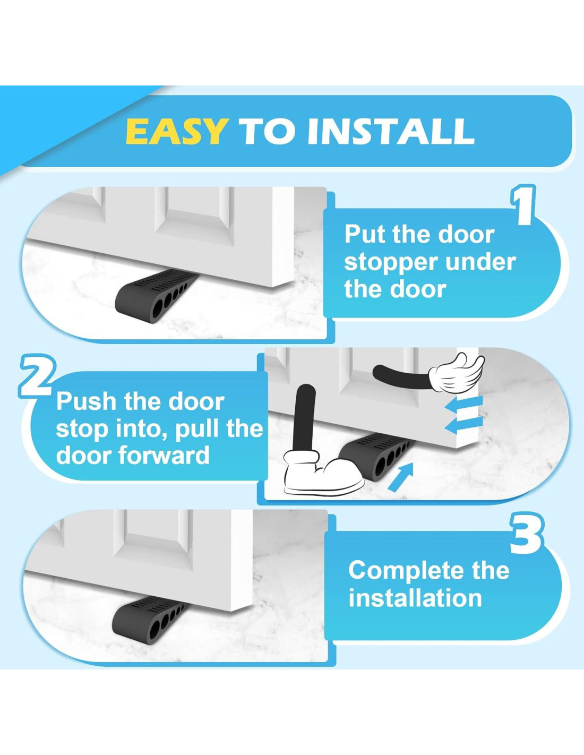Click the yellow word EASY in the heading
tap(177, 131)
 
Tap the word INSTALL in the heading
tap(391, 131)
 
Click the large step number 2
tap(36, 375)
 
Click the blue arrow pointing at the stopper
tap(400, 477)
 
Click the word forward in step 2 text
tap(165, 456)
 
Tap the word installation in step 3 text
tap(415, 598)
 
